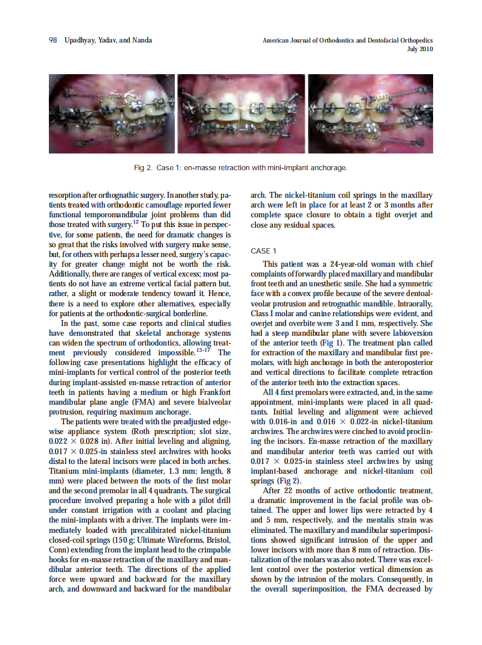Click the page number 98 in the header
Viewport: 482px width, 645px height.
52,40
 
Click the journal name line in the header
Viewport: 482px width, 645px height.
347,41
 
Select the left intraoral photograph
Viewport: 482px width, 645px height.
112,113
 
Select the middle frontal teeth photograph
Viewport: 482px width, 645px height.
241,113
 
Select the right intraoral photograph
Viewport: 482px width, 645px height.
370,113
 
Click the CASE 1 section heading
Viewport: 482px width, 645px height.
264,251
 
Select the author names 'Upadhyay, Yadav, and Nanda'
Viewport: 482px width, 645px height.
109,40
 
